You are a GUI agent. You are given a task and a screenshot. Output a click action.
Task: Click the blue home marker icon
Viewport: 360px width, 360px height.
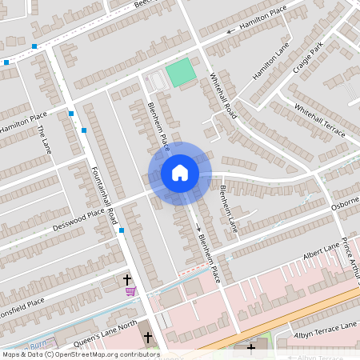(180, 172)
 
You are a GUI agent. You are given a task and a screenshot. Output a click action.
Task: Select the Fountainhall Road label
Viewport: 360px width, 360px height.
(105, 194)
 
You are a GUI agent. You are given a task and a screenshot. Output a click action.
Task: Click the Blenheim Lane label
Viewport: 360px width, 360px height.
(229, 209)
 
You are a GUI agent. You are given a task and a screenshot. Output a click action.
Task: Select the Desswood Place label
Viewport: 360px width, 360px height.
(78, 215)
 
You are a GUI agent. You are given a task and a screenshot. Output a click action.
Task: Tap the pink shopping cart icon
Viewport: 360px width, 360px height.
(130, 291)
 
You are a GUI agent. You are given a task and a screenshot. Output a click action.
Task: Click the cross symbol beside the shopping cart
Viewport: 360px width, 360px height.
(126, 279)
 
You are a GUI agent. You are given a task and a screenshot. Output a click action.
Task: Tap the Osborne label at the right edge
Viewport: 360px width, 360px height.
(345, 207)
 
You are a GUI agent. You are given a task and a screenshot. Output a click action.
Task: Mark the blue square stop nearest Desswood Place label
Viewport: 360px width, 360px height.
(122, 230)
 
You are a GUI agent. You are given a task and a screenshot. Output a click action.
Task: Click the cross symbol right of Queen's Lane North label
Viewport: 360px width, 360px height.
(147, 337)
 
